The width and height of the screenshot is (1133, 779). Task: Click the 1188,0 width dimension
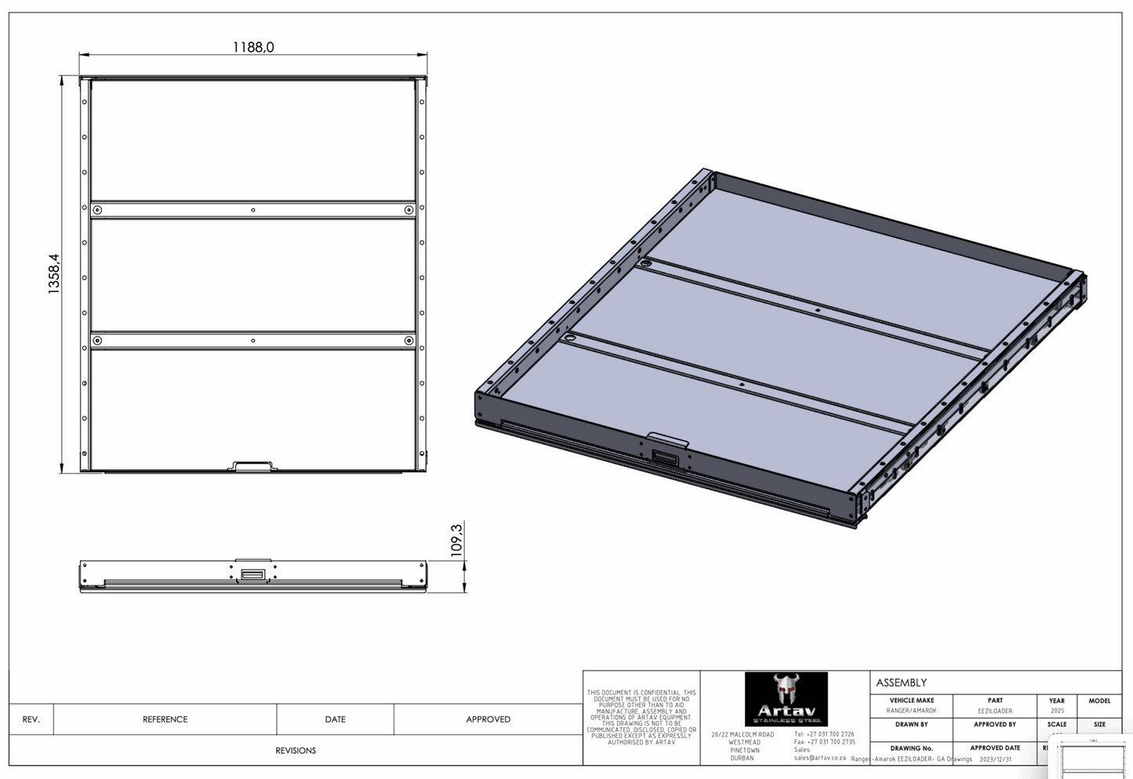point(253,47)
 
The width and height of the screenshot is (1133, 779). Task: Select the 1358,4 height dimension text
point(54,274)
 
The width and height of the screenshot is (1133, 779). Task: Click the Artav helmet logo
point(785,698)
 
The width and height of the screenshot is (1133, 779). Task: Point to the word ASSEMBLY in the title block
point(901,683)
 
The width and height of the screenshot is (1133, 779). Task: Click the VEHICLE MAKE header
point(911,701)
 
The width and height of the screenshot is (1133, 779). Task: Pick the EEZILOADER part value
point(995,711)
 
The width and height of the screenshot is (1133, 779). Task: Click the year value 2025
point(1057,711)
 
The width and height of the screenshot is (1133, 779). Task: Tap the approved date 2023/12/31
point(996,759)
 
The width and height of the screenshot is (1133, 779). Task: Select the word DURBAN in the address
point(742,759)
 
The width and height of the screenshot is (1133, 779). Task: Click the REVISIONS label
point(296,751)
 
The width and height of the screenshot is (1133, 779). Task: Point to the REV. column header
point(31,719)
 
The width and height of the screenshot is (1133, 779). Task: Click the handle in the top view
point(252,467)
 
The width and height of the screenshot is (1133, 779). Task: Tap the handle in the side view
point(252,575)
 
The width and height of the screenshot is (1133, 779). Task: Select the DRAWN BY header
point(911,724)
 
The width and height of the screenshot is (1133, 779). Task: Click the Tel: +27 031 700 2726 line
point(824,734)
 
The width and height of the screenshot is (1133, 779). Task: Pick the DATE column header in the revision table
point(335,719)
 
